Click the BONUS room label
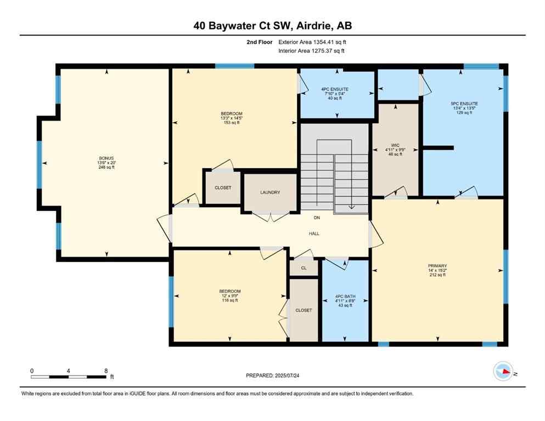tap(106, 158)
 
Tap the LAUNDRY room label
tap(270, 192)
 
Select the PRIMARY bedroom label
tap(437, 265)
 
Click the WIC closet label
tap(395, 145)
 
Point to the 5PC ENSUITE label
tap(464, 103)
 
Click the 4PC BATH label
tap(345, 297)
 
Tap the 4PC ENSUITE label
tap(335, 89)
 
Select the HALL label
tap(314, 234)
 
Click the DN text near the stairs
tap(317, 218)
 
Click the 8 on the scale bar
tap(105, 371)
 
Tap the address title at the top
tap(272, 25)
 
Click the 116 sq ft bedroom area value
tap(230, 300)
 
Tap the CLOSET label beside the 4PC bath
tap(304, 310)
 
